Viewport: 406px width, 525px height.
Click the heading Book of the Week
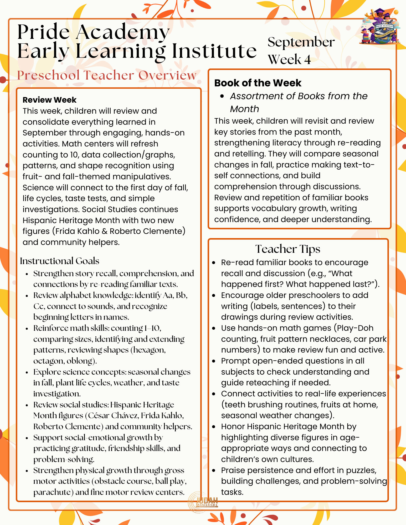(258, 83)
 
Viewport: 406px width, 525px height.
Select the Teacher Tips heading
(288, 249)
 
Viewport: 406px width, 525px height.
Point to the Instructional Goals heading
(60, 261)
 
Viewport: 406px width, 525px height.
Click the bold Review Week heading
(49, 100)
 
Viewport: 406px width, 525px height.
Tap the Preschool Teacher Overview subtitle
(107, 75)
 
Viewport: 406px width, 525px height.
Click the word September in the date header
(301, 42)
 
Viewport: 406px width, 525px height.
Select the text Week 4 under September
(289, 59)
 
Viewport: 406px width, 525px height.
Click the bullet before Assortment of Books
(222, 96)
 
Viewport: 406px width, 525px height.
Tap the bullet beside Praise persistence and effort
(214, 470)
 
